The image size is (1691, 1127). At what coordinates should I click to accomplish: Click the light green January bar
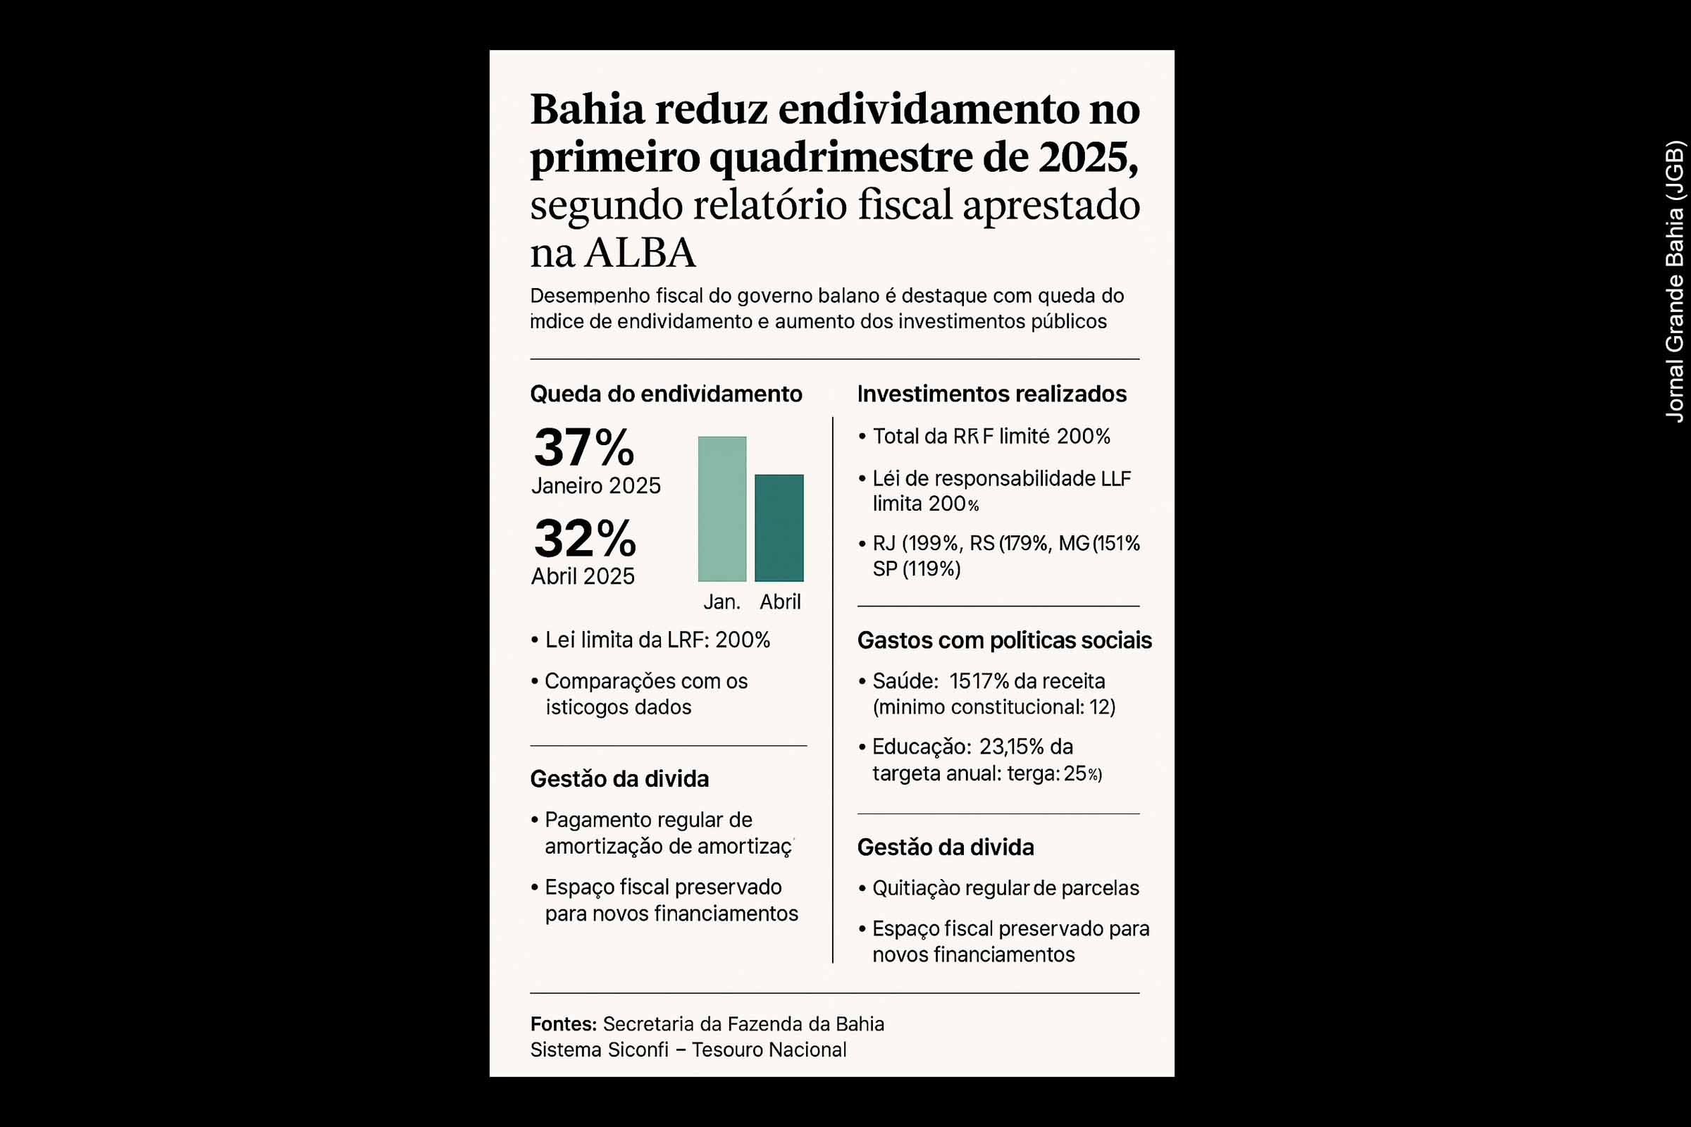721,508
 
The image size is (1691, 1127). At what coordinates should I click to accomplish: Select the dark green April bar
779,528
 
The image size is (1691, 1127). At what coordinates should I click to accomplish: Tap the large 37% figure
584,447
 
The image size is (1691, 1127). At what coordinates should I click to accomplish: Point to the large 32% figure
585,538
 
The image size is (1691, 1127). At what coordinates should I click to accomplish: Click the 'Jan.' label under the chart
721,602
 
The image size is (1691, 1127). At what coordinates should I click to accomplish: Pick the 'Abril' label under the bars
780,602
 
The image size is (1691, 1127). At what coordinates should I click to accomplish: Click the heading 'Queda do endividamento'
666,394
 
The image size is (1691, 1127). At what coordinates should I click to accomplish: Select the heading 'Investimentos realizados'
991,394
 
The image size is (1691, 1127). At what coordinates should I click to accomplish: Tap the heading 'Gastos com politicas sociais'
1005,640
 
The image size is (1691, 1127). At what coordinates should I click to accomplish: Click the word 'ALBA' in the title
640,252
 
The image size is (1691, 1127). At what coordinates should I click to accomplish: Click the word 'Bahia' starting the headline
588,109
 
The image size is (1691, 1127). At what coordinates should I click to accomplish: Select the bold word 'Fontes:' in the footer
564,1023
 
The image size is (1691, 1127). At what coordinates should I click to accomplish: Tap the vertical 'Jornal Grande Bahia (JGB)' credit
1675,281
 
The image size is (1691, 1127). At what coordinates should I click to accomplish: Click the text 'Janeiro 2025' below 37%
596,486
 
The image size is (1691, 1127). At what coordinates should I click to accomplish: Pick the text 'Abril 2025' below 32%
583,576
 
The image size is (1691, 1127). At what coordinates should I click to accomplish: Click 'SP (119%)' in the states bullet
917,569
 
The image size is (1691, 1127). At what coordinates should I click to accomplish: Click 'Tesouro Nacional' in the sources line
769,1050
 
